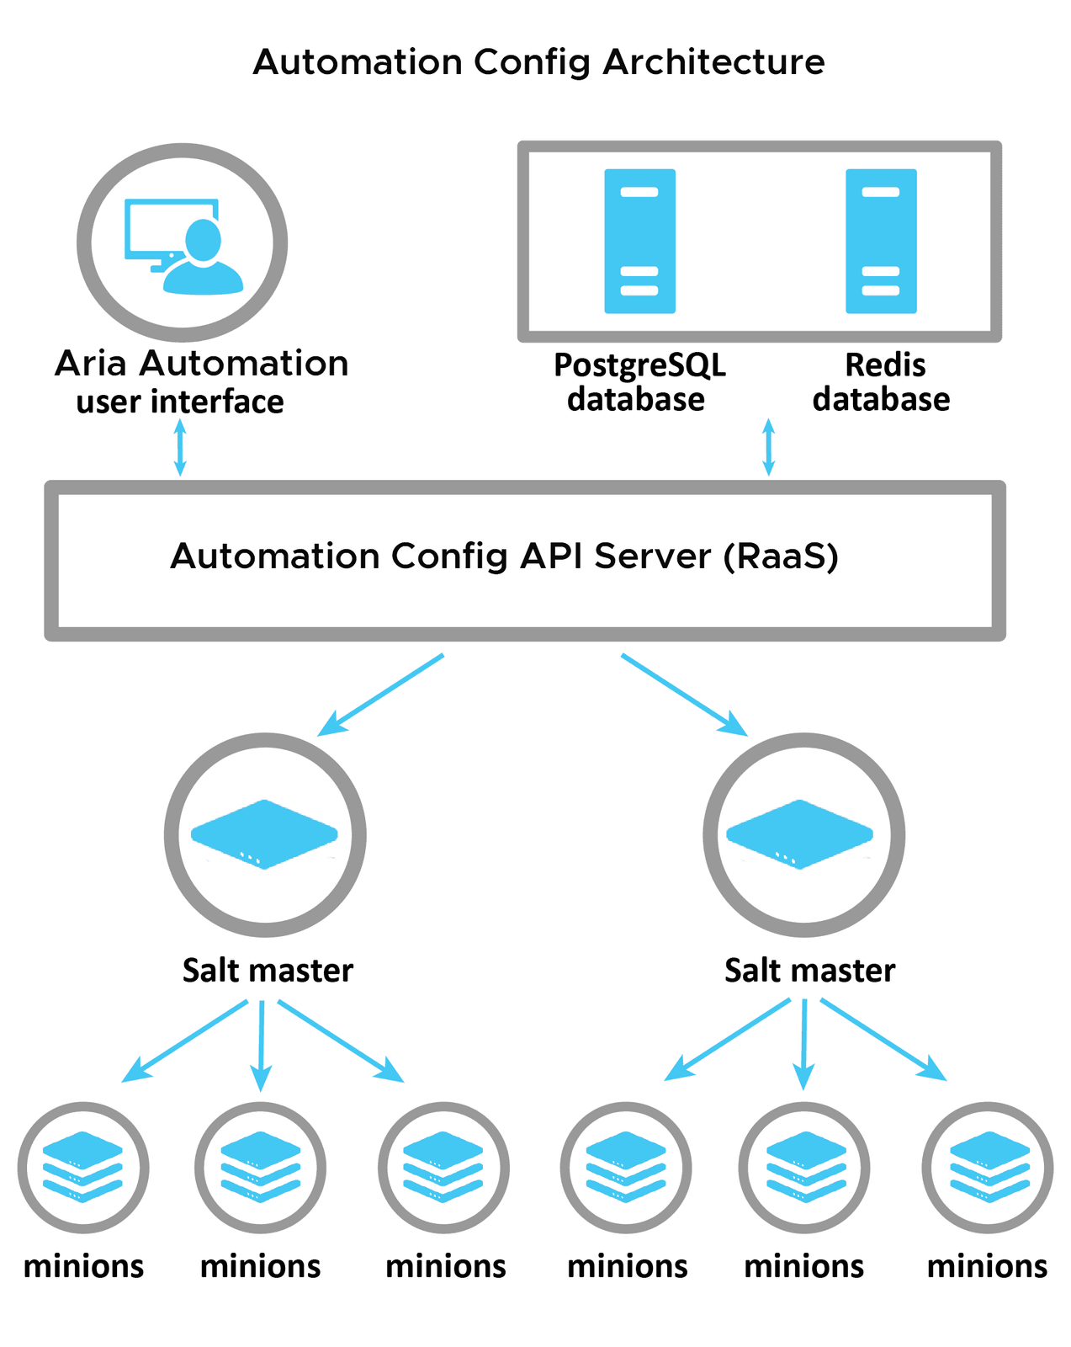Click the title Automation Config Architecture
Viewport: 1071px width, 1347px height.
[x=538, y=62]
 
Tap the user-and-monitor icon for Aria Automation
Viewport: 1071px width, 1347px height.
[x=183, y=244]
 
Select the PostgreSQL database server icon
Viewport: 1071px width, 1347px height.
[x=639, y=242]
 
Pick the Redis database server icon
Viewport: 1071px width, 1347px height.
[x=881, y=242]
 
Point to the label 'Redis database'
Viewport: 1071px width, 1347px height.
[x=882, y=382]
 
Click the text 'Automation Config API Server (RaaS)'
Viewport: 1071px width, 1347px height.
[x=505, y=556]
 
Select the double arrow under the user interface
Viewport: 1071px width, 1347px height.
[x=179, y=447]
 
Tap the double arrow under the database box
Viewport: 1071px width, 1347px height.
[x=767, y=447]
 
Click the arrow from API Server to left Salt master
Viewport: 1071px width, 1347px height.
[x=381, y=695]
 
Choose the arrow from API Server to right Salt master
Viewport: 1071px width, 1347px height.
[x=683, y=695]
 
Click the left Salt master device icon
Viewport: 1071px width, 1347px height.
[x=265, y=833]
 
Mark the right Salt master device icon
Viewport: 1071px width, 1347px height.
[x=800, y=833]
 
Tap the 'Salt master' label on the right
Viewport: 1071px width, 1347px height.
[x=809, y=971]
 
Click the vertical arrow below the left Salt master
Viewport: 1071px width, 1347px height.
[x=262, y=1044]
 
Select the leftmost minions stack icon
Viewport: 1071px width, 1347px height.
[x=83, y=1166]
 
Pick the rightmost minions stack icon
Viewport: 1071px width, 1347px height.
[x=989, y=1166]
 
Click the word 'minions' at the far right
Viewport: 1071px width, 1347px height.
[x=987, y=1266]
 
